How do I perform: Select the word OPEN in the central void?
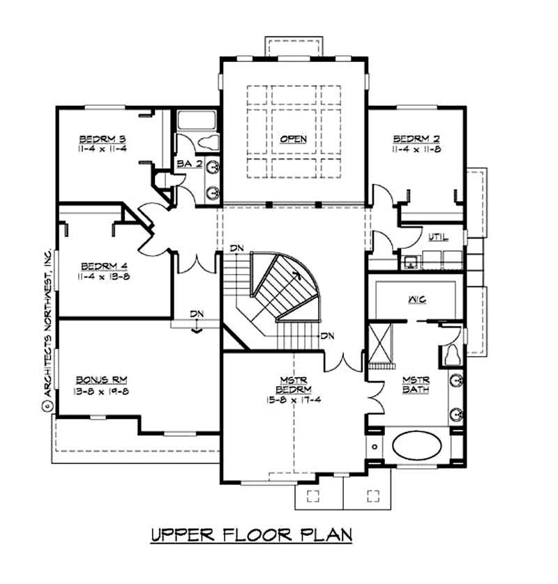point(293,139)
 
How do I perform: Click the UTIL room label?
point(437,238)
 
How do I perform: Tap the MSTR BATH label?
point(416,385)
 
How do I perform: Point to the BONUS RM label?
point(102,380)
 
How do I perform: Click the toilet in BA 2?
point(207,144)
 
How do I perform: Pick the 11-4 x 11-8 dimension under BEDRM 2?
point(416,148)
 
